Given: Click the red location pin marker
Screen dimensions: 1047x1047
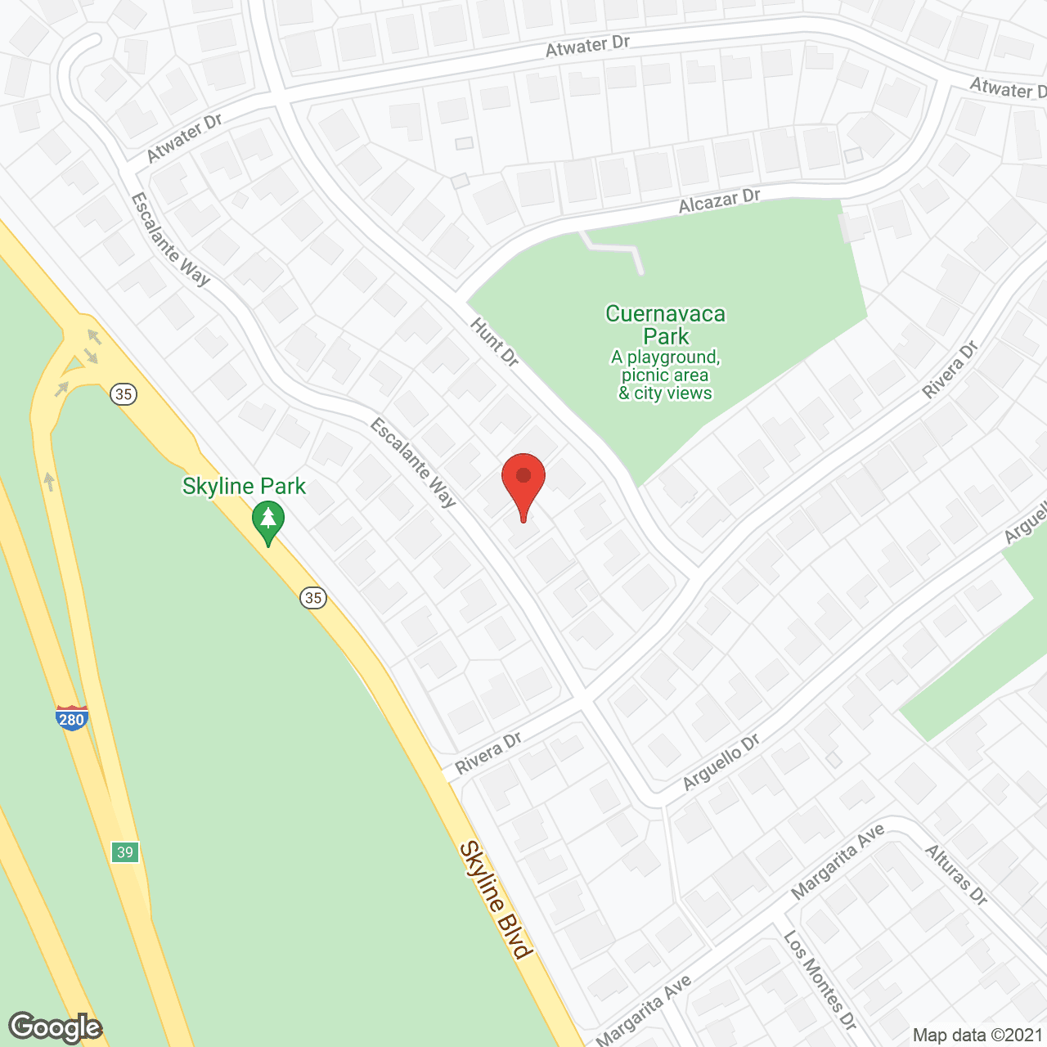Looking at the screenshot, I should click(x=523, y=483).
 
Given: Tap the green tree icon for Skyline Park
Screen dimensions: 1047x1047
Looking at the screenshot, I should click(x=268, y=520).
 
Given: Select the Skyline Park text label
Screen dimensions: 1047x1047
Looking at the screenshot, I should click(x=244, y=487).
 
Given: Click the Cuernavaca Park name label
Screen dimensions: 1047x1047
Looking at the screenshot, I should click(x=666, y=325).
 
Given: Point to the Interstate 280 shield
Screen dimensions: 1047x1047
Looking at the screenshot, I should click(x=72, y=718).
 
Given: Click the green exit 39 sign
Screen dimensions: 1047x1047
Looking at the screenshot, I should click(x=125, y=852).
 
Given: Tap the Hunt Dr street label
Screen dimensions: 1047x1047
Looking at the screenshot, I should click(x=495, y=342).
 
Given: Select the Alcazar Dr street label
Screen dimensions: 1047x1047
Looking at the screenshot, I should click(x=720, y=201).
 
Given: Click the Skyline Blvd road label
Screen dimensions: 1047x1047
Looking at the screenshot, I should click(x=496, y=899).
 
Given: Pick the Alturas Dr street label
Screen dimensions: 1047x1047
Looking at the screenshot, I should click(x=956, y=874).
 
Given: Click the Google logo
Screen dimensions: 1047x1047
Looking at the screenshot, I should click(x=56, y=1027).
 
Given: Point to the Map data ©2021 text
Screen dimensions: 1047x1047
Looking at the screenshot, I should click(x=977, y=1036).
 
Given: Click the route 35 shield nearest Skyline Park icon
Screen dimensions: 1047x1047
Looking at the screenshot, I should click(x=313, y=598).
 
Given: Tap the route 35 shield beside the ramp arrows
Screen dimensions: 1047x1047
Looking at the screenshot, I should click(x=124, y=394).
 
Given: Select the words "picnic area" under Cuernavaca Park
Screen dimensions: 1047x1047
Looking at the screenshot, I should click(x=665, y=375).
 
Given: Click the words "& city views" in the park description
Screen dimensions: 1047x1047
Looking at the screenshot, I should click(x=665, y=393).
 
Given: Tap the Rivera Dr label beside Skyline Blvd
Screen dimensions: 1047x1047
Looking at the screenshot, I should click(x=489, y=753).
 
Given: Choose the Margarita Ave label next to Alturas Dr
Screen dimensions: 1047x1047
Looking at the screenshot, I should click(x=838, y=861).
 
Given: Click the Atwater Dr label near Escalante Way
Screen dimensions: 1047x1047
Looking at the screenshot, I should click(x=185, y=137).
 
